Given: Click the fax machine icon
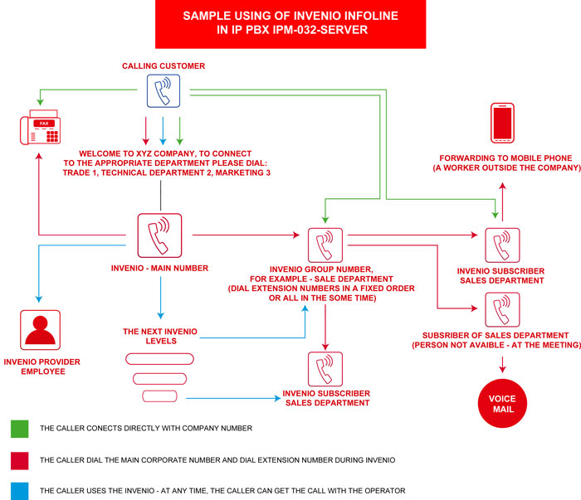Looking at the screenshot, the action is click(41, 127).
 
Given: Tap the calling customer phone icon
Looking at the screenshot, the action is click(164, 91).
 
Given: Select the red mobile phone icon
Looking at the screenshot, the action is click(502, 123).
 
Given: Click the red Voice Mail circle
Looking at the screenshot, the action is click(502, 404).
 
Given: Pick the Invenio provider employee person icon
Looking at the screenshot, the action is click(41, 330).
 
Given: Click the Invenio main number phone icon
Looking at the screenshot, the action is click(159, 235).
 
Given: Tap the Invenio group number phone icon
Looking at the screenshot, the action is click(325, 245).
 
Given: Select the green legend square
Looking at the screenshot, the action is click(20, 429).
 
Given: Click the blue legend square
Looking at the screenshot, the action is click(20, 491).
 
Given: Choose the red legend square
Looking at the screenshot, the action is click(20, 461).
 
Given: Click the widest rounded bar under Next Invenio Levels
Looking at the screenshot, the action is click(159, 359).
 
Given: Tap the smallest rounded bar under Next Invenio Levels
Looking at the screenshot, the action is click(159, 396).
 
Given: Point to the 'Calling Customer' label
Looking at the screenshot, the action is click(164, 66).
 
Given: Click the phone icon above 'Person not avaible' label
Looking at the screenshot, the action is click(502, 310).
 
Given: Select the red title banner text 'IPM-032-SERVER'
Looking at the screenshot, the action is click(320, 30).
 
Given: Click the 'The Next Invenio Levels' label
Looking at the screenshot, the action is click(160, 336).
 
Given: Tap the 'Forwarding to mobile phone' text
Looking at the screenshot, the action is click(505, 158).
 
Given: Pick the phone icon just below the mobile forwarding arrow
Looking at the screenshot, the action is click(502, 245).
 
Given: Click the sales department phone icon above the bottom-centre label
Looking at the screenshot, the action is click(325, 369).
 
